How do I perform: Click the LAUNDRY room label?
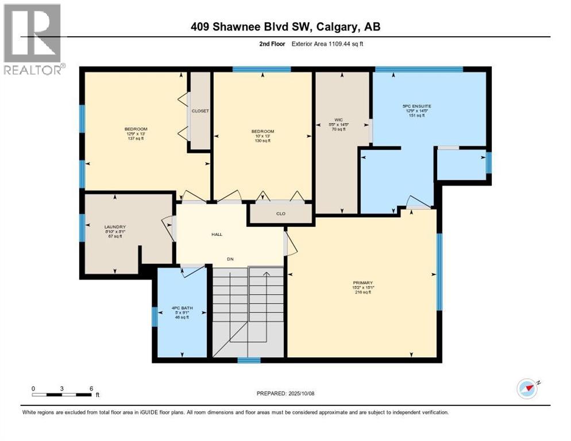click(115, 227)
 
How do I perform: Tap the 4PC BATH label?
click(182, 308)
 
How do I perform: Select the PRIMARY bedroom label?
click(363, 283)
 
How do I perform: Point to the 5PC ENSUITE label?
click(416, 106)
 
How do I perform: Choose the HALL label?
click(216, 234)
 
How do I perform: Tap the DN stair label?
click(230, 259)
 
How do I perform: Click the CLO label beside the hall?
click(281, 214)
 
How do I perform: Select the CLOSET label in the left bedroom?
click(200, 111)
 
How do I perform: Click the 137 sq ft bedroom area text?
click(136, 138)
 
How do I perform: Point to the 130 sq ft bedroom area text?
click(263, 141)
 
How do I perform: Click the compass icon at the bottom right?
click(527, 389)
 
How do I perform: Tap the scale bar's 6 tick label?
click(91, 388)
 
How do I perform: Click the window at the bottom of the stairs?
click(249, 361)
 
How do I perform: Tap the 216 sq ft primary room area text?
click(362, 292)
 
